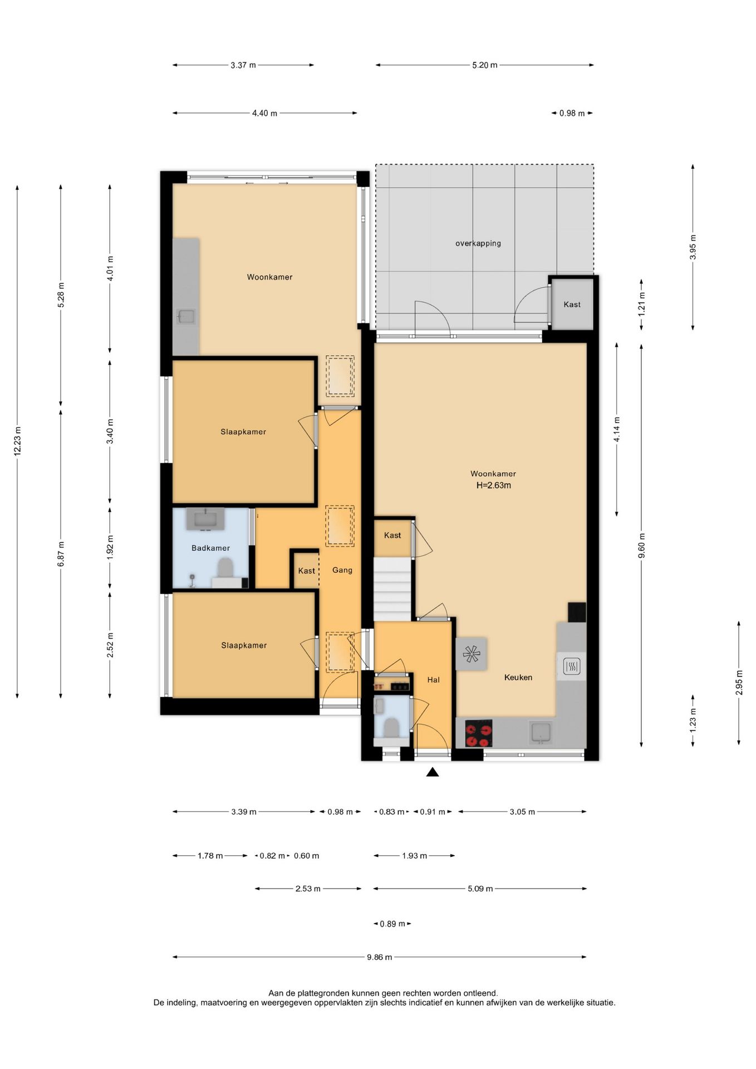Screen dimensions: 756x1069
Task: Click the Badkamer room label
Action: (x=210, y=548)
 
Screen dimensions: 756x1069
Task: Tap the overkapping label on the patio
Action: (x=478, y=243)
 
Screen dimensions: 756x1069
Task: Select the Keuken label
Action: (x=518, y=677)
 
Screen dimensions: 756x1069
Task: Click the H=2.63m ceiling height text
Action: (x=494, y=485)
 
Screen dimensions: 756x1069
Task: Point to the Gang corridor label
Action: (x=342, y=570)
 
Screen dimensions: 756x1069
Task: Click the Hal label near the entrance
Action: (x=434, y=679)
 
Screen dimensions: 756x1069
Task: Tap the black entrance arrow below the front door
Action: (x=433, y=772)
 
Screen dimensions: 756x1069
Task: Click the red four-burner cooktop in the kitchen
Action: (x=479, y=734)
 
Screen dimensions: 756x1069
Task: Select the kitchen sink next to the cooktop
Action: (x=541, y=733)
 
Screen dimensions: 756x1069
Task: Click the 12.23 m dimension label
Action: (x=17, y=442)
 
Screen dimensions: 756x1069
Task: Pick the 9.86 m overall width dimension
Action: (x=379, y=957)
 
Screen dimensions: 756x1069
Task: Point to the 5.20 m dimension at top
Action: (x=484, y=65)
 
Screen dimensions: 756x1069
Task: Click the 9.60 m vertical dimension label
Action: (x=641, y=545)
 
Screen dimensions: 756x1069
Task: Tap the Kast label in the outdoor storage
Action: (x=572, y=305)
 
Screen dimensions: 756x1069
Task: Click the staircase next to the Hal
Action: (x=392, y=589)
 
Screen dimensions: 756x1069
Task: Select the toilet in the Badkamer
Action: (x=225, y=569)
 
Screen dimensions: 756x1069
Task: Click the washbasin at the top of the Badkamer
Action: (x=205, y=519)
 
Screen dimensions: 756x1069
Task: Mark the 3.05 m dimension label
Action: (x=522, y=812)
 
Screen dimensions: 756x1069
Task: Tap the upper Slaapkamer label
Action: (x=243, y=431)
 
